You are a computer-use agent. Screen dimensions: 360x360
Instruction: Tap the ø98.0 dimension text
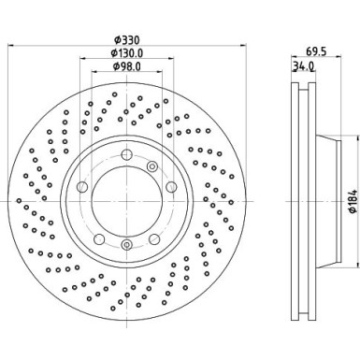(125, 66)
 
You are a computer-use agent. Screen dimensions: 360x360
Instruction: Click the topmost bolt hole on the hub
(126, 152)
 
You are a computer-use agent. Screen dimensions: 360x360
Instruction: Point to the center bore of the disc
(126, 198)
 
